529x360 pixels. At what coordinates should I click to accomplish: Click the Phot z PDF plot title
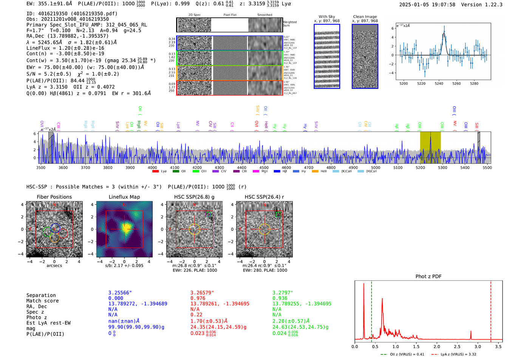pos(428,277)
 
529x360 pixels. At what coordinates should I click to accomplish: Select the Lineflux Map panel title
pos(124,197)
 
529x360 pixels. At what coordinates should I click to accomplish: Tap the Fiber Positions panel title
pos(54,197)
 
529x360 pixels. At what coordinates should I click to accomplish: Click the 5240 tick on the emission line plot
pos(439,83)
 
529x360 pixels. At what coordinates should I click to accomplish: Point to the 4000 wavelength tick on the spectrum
pos(152,168)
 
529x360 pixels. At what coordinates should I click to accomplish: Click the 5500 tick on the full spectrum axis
pos(487,168)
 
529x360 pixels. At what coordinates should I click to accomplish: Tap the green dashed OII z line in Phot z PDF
pos(371,310)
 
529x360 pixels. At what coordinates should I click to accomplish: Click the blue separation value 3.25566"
pos(120,293)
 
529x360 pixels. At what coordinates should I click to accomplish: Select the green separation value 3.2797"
pos(283,293)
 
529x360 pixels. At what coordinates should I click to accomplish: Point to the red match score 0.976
pos(198,298)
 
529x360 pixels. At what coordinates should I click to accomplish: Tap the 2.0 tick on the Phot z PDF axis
pos(437,346)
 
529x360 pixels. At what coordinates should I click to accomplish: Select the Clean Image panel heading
pos(365,17)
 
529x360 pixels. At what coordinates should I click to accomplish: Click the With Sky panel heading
pos(326,17)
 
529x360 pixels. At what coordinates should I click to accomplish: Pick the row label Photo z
pos(37,317)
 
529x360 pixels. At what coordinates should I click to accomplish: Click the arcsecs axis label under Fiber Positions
pos(54,266)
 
